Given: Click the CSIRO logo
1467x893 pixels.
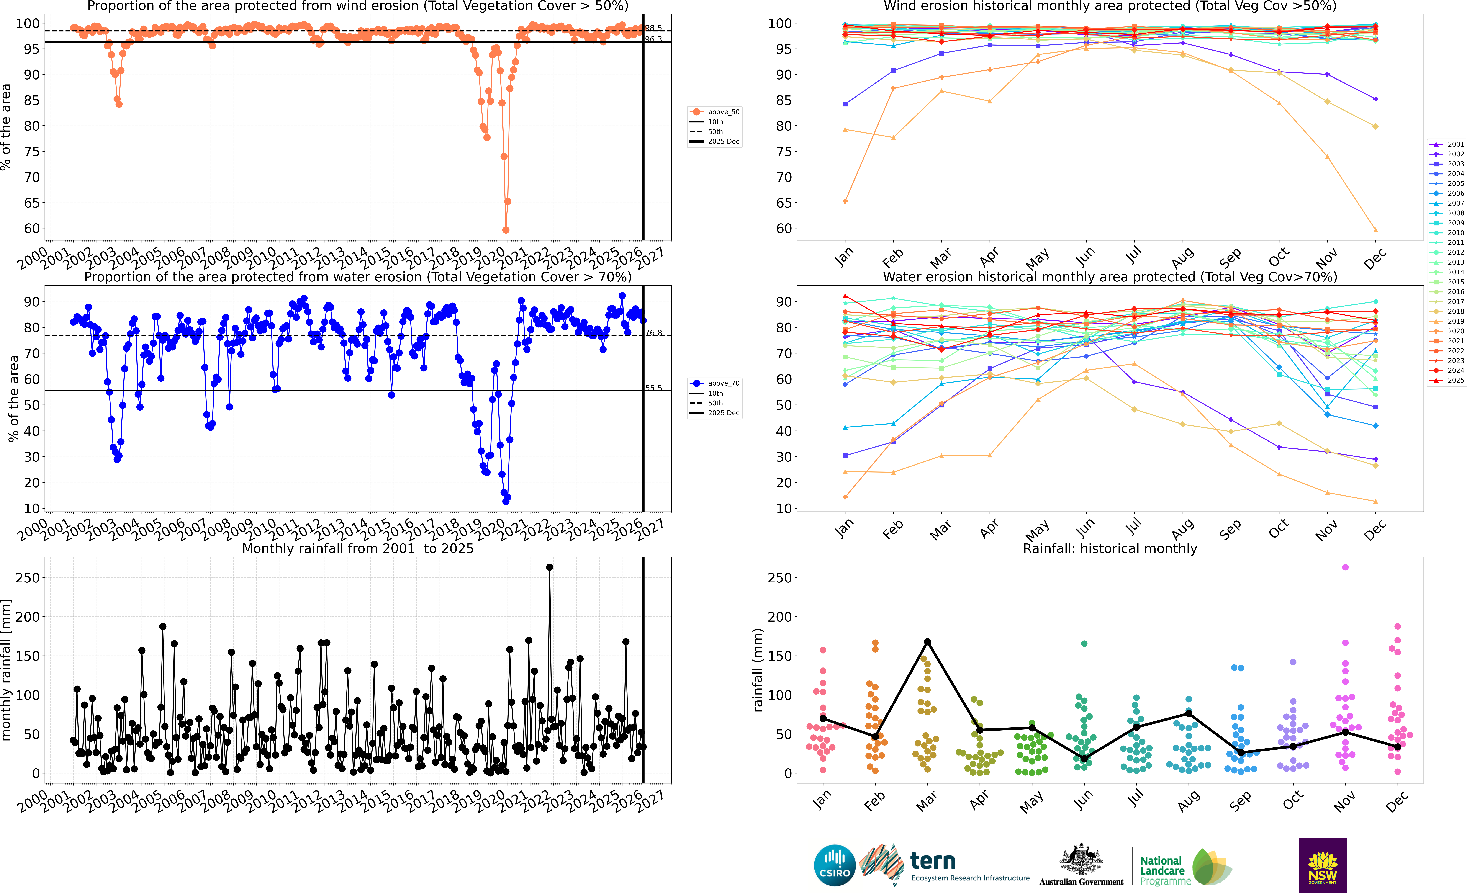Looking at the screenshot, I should pos(835,865).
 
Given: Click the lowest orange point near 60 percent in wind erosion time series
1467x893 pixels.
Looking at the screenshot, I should pos(506,230).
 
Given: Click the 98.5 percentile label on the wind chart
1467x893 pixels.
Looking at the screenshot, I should pos(654,28).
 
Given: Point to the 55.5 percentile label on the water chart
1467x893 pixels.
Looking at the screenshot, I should pos(654,388).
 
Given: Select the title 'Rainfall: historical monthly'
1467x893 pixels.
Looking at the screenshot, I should pos(1110,548).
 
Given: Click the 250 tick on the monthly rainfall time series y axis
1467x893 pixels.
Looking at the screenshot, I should pos(28,577).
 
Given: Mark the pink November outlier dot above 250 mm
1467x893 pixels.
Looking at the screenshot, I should pos(1345,567).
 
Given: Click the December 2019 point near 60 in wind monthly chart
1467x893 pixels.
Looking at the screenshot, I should pos(1375,230).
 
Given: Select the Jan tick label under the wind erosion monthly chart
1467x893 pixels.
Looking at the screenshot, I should pos(844,257).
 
